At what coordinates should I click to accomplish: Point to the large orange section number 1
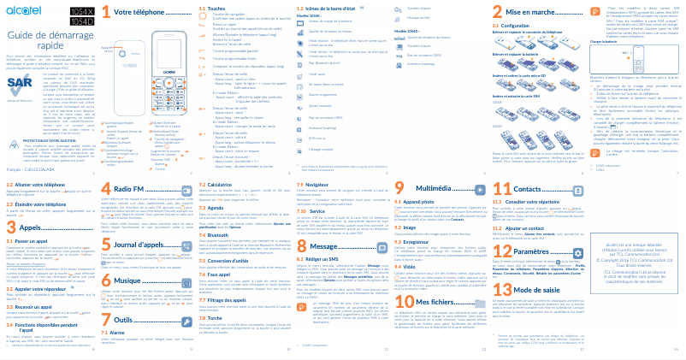pyautogui.click(x=105, y=13)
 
